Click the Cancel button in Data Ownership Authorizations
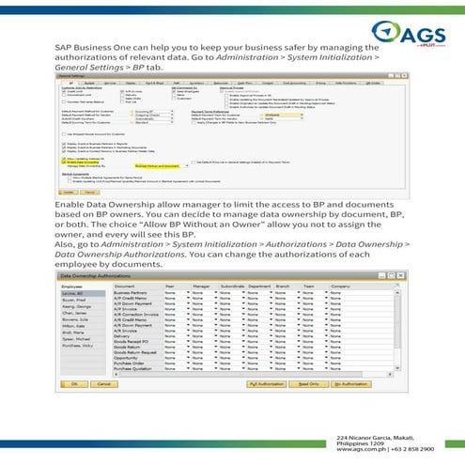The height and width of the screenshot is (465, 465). click(105, 384)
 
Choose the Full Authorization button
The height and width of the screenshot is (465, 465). click(269, 384)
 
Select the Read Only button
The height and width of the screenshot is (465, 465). click(311, 384)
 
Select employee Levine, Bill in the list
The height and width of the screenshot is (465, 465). click(73, 294)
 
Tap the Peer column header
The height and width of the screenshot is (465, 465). click(170, 286)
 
